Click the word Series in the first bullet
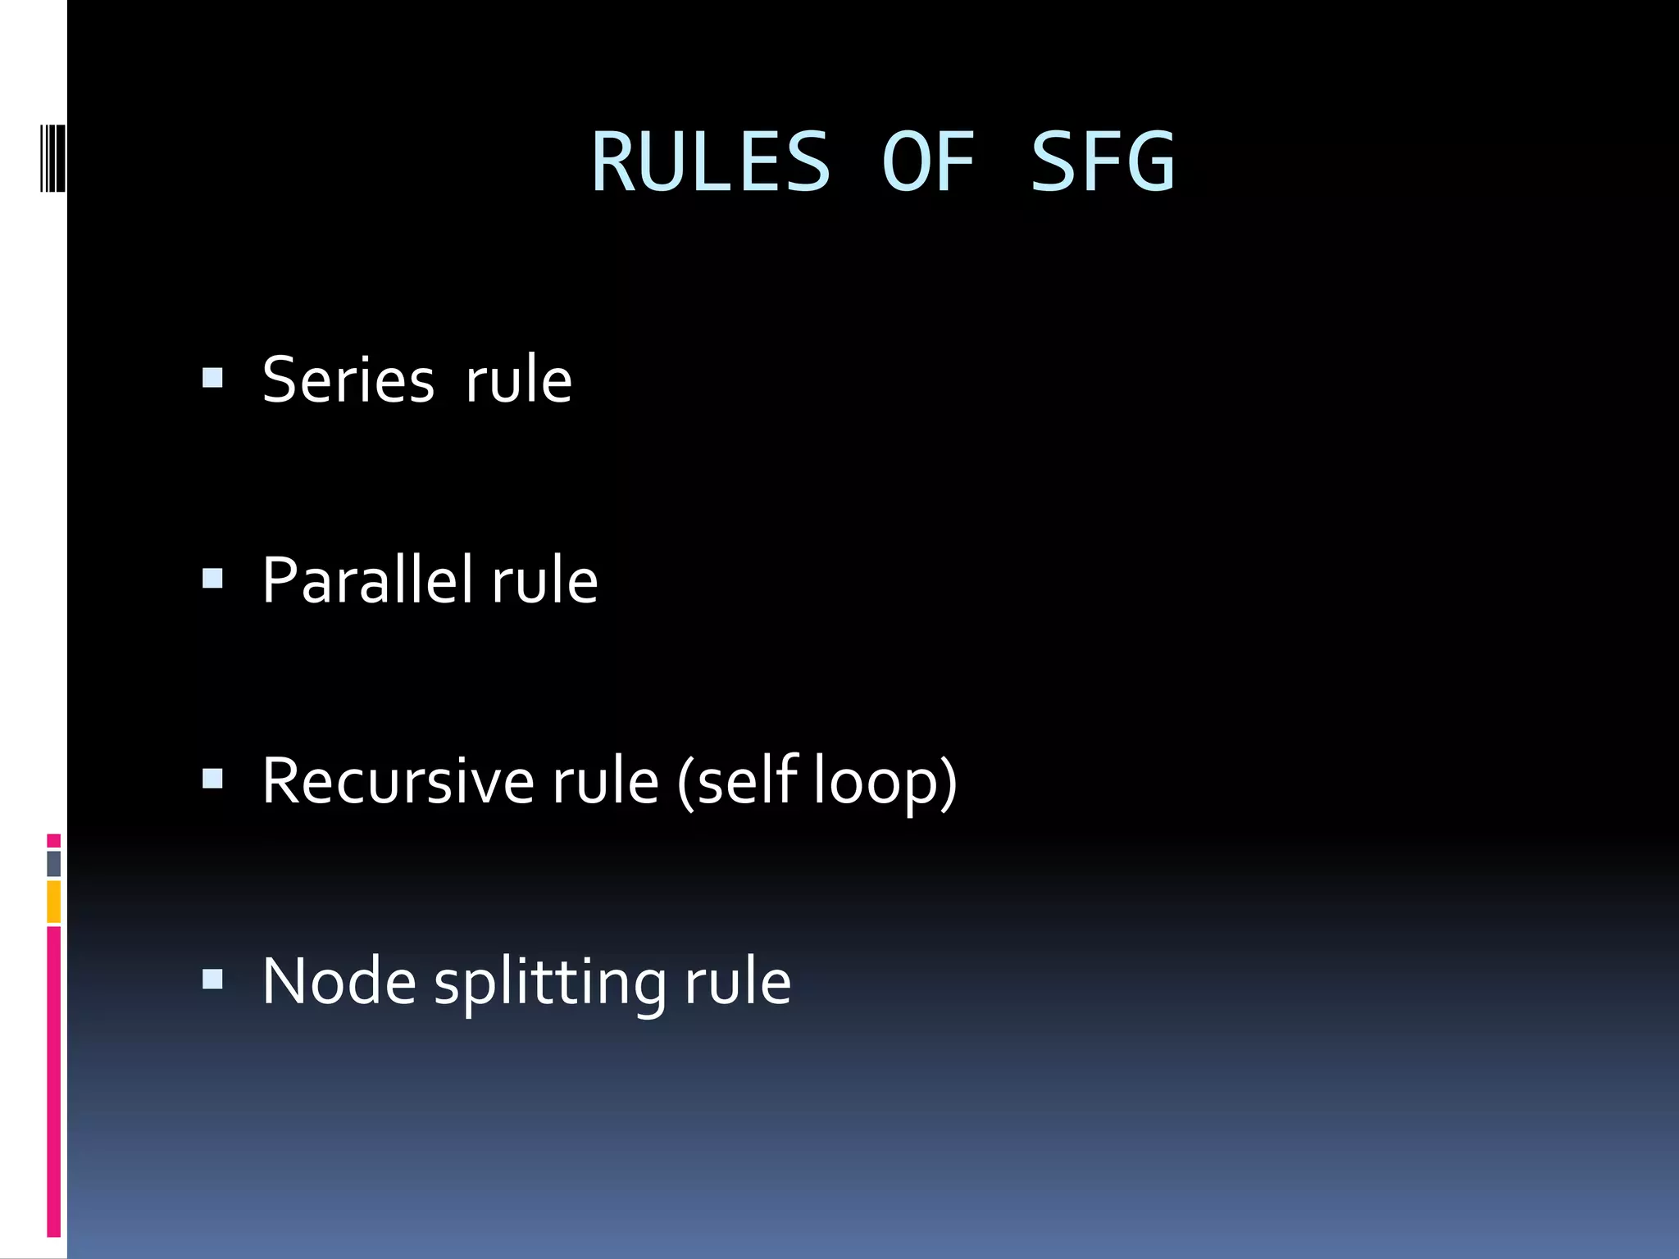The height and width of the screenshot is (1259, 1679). tap(348, 380)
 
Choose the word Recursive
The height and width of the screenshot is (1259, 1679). tap(398, 780)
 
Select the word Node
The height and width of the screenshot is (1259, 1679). tap(339, 980)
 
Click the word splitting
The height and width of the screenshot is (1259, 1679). tap(550, 982)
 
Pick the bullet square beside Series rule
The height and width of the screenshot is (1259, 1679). tap(212, 378)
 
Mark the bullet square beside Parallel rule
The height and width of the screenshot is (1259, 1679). tap(212, 579)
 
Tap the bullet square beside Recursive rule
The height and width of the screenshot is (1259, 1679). tap(212, 779)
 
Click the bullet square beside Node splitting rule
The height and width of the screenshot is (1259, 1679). tap(212, 979)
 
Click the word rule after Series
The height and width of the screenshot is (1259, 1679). tap(518, 380)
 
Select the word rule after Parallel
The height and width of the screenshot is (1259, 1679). tap(544, 580)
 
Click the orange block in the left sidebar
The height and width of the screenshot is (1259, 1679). tap(54, 902)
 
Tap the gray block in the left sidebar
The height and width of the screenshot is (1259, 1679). tap(54, 863)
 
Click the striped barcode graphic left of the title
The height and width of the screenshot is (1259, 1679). tap(52, 158)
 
